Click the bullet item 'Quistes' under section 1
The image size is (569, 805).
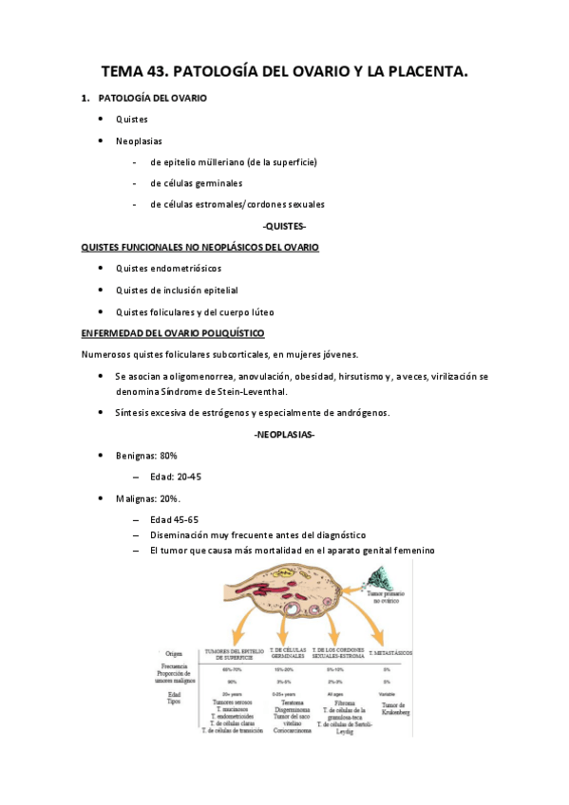(x=132, y=120)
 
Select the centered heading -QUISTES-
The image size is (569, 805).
(x=284, y=227)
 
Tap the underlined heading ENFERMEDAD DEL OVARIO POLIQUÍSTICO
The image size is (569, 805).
(x=173, y=333)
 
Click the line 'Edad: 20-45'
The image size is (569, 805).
(x=176, y=477)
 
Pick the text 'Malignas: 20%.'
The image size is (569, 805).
(x=148, y=498)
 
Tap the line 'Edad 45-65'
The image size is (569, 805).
(x=174, y=520)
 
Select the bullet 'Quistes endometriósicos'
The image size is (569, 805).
(x=168, y=269)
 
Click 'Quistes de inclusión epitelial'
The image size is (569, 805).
(x=177, y=290)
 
